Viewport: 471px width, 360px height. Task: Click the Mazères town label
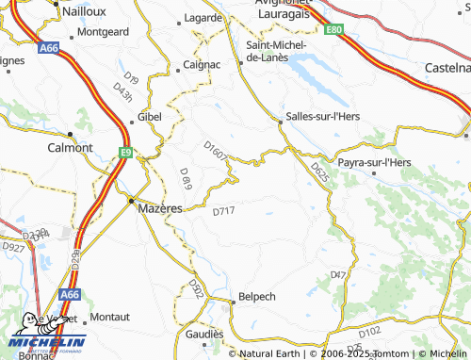159,207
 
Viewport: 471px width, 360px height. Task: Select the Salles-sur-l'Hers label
323,117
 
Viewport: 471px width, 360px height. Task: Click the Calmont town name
70,148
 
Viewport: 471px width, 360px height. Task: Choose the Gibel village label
150,116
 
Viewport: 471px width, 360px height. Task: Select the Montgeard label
103,31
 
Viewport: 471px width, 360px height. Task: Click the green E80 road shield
333,30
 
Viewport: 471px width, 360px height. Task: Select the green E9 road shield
125,151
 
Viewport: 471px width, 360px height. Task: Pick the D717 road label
223,211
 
